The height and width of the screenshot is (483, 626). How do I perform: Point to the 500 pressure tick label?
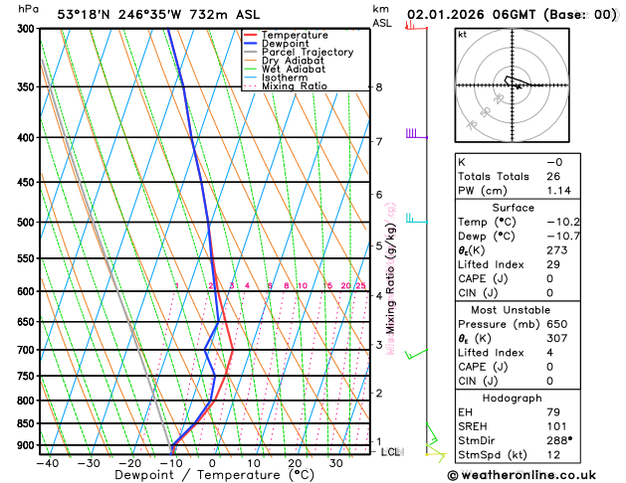[27, 223]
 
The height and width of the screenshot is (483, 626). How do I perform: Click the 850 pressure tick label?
[27, 423]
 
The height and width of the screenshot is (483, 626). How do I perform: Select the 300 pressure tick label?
[27, 29]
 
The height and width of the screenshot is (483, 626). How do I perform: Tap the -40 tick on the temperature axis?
[47, 463]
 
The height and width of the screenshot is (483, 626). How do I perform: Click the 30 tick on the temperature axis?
[336, 463]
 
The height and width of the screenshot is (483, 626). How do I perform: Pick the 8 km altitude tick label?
[378, 87]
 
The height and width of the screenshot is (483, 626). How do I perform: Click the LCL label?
[392, 452]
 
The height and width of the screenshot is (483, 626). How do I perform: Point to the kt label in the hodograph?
[462, 35]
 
